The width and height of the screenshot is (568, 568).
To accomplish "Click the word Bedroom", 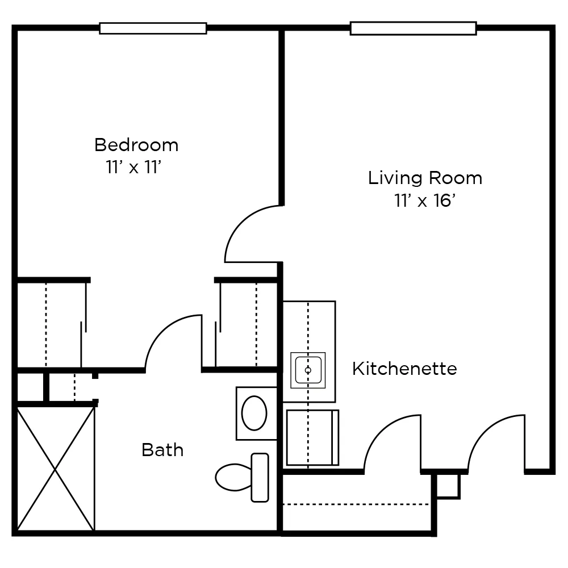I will click(136, 145).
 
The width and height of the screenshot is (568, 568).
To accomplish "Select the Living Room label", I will click(425, 178).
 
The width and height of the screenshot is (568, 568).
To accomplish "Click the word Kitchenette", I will click(404, 369).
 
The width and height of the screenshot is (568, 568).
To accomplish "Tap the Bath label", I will click(162, 450).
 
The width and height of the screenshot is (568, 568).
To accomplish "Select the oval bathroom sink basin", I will click(254, 413).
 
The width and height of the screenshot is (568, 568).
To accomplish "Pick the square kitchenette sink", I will click(308, 370).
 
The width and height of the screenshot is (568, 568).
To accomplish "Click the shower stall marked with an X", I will click(56, 468).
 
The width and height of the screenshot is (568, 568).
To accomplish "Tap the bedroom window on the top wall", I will click(153, 28).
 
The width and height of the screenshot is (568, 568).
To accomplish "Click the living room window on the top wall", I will click(413, 28).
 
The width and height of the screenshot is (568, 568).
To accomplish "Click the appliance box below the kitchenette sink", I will click(312, 437).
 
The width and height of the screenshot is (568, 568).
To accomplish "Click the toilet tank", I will click(260, 477).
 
